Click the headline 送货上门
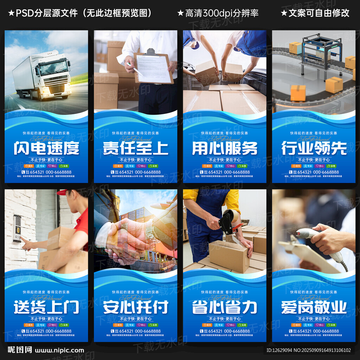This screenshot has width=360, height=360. (46, 307)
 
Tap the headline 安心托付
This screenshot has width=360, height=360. (135, 307)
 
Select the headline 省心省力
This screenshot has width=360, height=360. (225, 307)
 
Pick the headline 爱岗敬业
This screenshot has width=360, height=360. (314, 307)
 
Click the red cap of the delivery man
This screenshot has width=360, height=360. (62, 192)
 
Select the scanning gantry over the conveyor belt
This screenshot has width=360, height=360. (322, 49)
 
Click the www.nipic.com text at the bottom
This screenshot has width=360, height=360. (59, 350)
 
